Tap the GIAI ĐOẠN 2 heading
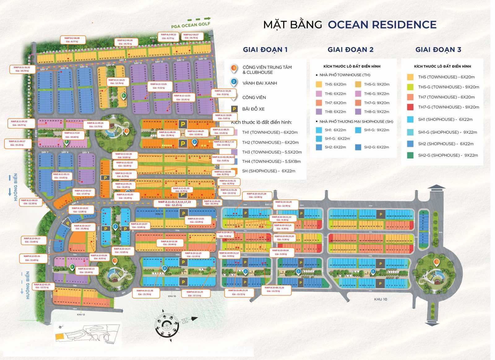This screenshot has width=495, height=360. [350, 49]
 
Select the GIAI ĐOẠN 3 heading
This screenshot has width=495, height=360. [438, 49]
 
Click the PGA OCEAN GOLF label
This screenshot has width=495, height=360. [191, 25]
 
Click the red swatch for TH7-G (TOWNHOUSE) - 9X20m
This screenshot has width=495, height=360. [410, 107]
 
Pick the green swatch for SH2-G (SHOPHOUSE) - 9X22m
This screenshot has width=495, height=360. [410, 155]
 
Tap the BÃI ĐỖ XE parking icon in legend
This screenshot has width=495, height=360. [234, 109]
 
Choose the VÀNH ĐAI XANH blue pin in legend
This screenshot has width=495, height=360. [234, 82]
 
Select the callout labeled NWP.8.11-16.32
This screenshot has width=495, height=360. [22, 69]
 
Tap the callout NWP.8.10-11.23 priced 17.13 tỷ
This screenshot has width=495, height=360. [195, 294]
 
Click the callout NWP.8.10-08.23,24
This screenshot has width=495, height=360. [238, 292]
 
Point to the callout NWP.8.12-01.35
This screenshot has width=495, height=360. [42, 286]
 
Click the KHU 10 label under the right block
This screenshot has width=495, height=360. [380, 299]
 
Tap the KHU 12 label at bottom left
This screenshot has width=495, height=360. [81, 315]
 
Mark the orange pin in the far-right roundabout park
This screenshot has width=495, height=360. [437, 262]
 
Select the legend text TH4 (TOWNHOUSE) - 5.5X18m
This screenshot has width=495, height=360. [271, 161]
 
